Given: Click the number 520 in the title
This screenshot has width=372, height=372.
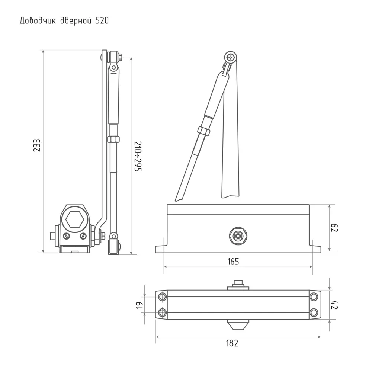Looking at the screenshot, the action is click(x=102, y=21).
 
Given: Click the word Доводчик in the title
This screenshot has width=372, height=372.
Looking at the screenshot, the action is click(x=38, y=21).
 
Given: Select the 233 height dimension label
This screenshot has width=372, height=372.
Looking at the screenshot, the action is click(x=37, y=145).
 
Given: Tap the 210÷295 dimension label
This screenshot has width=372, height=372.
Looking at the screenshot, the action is click(x=138, y=157).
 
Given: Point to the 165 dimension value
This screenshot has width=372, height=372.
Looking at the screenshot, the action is click(x=233, y=262).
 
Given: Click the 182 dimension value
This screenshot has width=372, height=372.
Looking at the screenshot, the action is click(x=232, y=343).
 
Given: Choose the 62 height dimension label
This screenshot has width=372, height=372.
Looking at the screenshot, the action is click(x=334, y=228).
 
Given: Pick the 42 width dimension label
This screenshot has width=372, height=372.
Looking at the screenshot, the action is click(x=334, y=305).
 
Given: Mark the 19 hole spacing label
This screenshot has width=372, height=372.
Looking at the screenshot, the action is click(x=139, y=305).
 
